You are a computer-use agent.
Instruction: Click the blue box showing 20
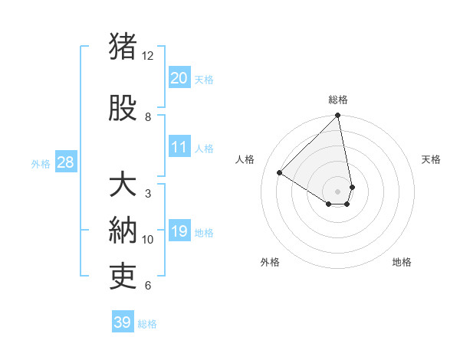(x=179, y=78)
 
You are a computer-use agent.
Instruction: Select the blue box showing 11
(x=179, y=147)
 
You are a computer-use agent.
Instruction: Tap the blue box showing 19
(x=179, y=231)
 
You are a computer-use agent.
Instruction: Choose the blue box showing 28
(x=64, y=162)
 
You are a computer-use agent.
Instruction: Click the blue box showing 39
(x=123, y=322)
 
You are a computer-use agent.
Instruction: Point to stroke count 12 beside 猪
(x=148, y=56)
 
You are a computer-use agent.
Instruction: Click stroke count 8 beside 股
(x=148, y=117)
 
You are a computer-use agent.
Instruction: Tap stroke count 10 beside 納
(x=148, y=240)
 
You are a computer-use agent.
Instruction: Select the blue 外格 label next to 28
(x=40, y=164)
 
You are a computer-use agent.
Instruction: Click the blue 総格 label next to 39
(x=147, y=324)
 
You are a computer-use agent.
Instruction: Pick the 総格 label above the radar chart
(x=338, y=100)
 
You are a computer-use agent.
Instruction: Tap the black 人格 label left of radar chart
(x=245, y=159)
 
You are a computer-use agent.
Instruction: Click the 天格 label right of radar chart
(x=431, y=159)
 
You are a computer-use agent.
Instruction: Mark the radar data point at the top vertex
(x=338, y=116)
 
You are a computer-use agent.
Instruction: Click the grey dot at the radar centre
(x=338, y=191)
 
